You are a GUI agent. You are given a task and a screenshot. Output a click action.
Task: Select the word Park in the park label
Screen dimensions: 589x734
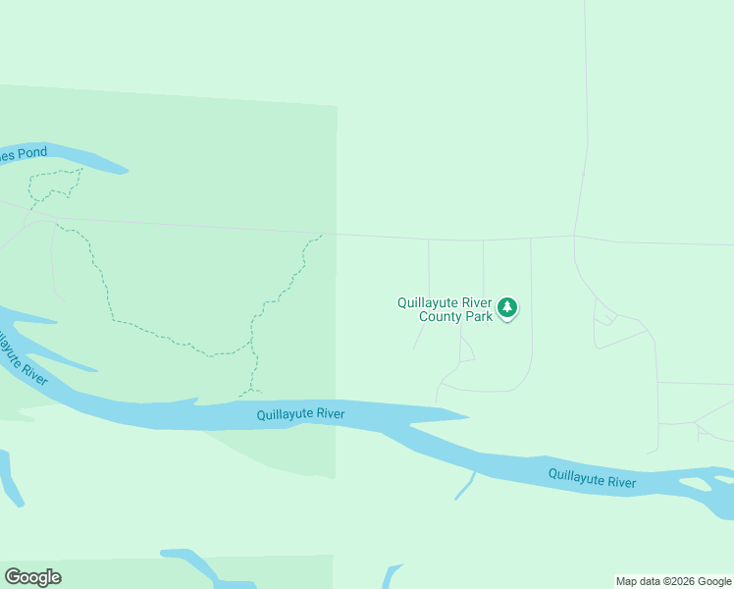pyautogui.click(x=479, y=317)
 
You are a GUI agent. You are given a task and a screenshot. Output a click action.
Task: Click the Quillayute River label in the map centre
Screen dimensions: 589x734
pyautogui.click(x=300, y=414)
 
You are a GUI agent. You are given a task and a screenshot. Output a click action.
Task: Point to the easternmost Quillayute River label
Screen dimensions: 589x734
pyautogui.click(x=592, y=480)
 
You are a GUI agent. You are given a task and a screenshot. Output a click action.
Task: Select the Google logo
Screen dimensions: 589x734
pyautogui.click(x=32, y=576)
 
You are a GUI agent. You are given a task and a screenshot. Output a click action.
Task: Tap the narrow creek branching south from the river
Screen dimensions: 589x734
pyautogui.click(x=465, y=487)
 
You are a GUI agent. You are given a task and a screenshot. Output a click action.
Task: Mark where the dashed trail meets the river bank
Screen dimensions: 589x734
pyautogui.click(x=245, y=396)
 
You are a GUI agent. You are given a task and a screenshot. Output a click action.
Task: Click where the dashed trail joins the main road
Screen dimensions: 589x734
pyautogui.click(x=321, y=235)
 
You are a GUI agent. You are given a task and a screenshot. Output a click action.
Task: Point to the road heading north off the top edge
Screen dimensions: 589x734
pyautogui.click(x=586, y=59)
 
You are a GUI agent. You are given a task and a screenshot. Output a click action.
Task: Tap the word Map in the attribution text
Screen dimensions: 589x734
pyautogui.click(x=627, y=582)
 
